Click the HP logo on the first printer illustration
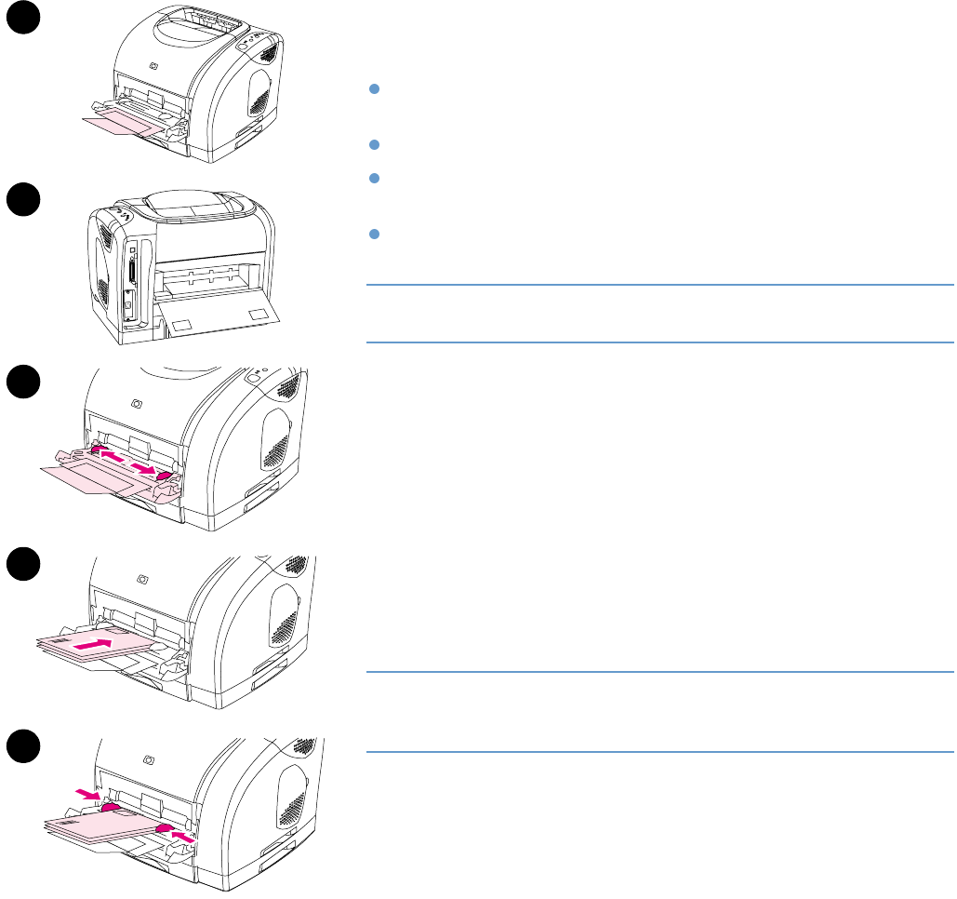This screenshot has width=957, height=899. click(154, 68)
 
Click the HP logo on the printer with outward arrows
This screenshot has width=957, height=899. click(139, 405)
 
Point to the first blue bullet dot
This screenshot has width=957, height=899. click(373, 89)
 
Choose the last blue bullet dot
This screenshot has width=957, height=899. click(373, 235)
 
